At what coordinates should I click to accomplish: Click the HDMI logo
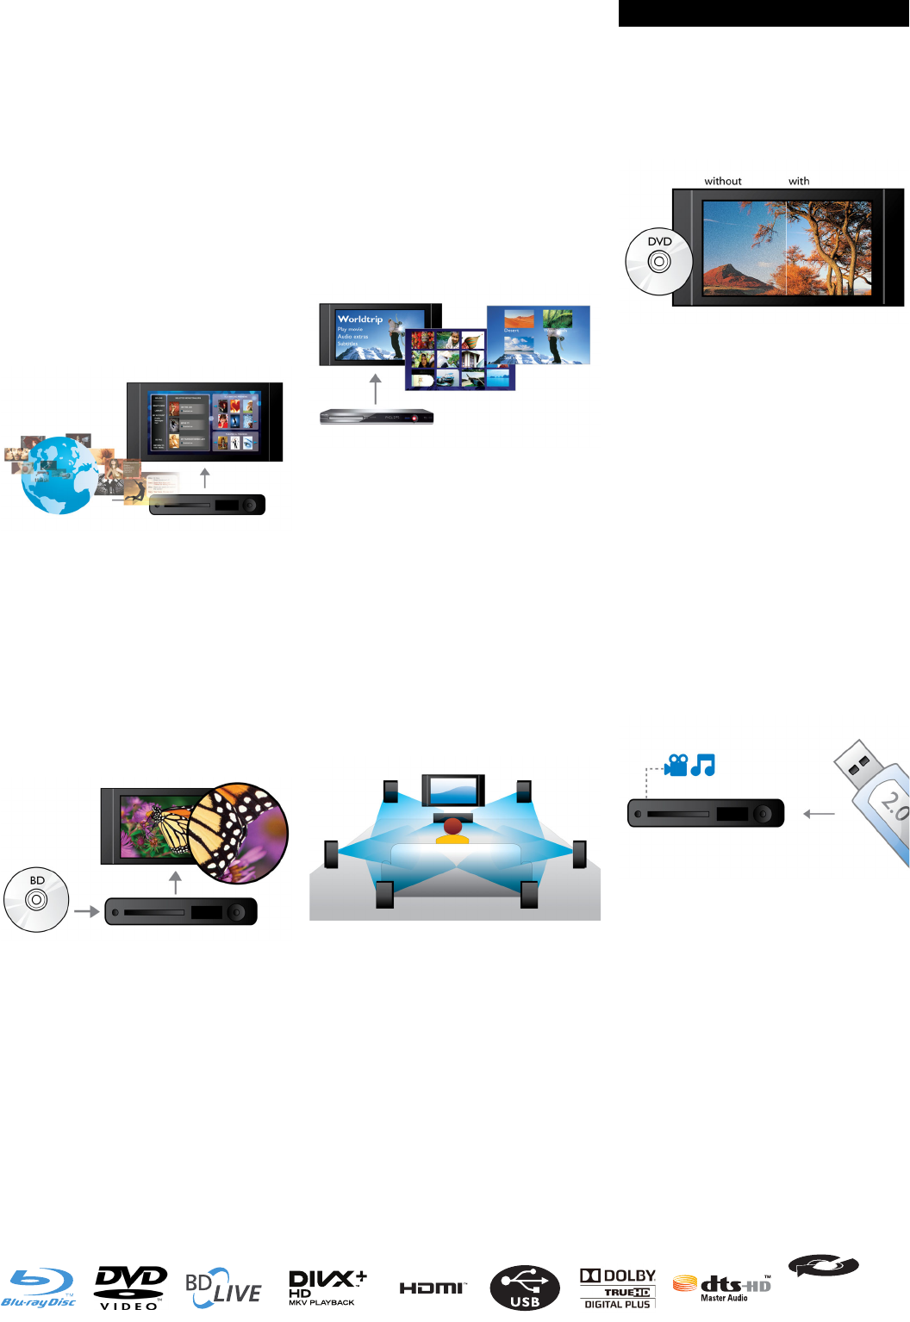[x=433, y=1288]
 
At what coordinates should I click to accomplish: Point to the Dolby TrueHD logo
[x=618, y=1288]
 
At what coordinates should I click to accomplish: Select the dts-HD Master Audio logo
[x=722, y=1288]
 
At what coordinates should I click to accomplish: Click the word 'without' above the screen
[x=723, y=182]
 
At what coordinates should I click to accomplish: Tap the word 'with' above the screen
[x=799, y=182]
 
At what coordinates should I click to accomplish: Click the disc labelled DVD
[x=659, y=261]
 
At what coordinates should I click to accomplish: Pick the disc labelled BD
[x=36, y=900]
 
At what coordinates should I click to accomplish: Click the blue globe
[x=59, y=476]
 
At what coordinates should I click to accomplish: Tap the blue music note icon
[x=703, y=765]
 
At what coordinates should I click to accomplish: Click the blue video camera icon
[x=676, y=765]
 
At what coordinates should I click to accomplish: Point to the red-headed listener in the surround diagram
[x=452, y=828]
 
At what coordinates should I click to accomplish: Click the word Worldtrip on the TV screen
[x=360, y=319]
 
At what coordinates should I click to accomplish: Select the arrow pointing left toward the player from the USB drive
[x=819, y=814]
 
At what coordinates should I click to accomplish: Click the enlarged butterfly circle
[x=238, y=833]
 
